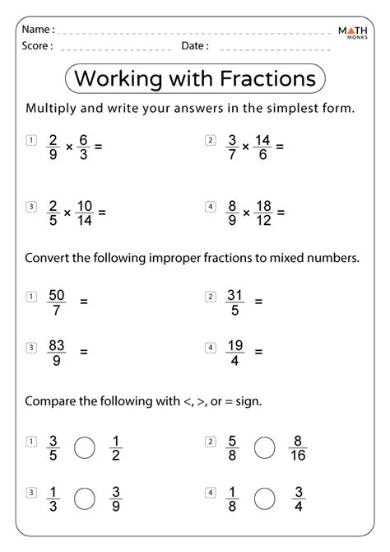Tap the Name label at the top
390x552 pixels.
[x=39, y=30]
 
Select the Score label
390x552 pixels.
[x=38, y=46]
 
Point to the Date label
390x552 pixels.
[x=195, y=46]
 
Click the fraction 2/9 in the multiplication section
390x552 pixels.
[x=54, y=147]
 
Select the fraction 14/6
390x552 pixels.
[x=262, y=147]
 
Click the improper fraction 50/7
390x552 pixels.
[x=56, y=301]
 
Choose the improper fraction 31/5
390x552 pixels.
[x=233, y=301]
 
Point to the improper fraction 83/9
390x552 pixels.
[x=56, y=350]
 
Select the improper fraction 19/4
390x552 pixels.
[x=233, y=350]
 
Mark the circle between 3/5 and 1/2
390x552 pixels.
[x=85, y=447]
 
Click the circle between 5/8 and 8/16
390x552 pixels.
[x=263, y=447]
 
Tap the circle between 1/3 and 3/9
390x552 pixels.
[x=85, y=498]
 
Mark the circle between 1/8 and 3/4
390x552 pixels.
[x=263, y=498]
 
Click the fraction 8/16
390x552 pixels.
[x=298, y=447]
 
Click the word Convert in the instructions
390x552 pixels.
[x=51, y=257]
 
